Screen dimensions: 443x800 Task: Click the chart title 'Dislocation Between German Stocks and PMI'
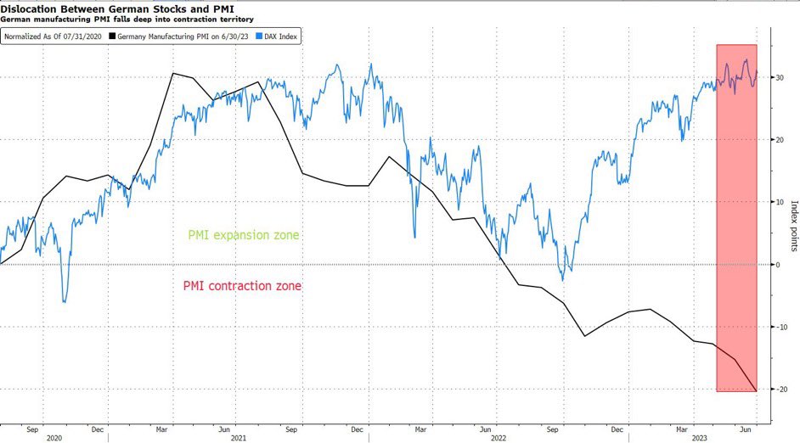tap(118, 8)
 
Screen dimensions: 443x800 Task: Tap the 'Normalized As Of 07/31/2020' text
tap(53, 36)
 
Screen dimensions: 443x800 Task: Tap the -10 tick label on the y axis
tap(777, 327)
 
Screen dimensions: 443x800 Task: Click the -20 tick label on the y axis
tap(777, 390)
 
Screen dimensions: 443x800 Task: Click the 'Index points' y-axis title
tap(793, 226)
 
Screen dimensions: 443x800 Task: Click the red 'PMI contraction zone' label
tap(242, 286)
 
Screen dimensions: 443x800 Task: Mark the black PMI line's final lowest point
tap(756, 390)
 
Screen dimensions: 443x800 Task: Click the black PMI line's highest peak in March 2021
tap(172, 74)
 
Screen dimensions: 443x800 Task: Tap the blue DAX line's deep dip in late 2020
tap(65, 301)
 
